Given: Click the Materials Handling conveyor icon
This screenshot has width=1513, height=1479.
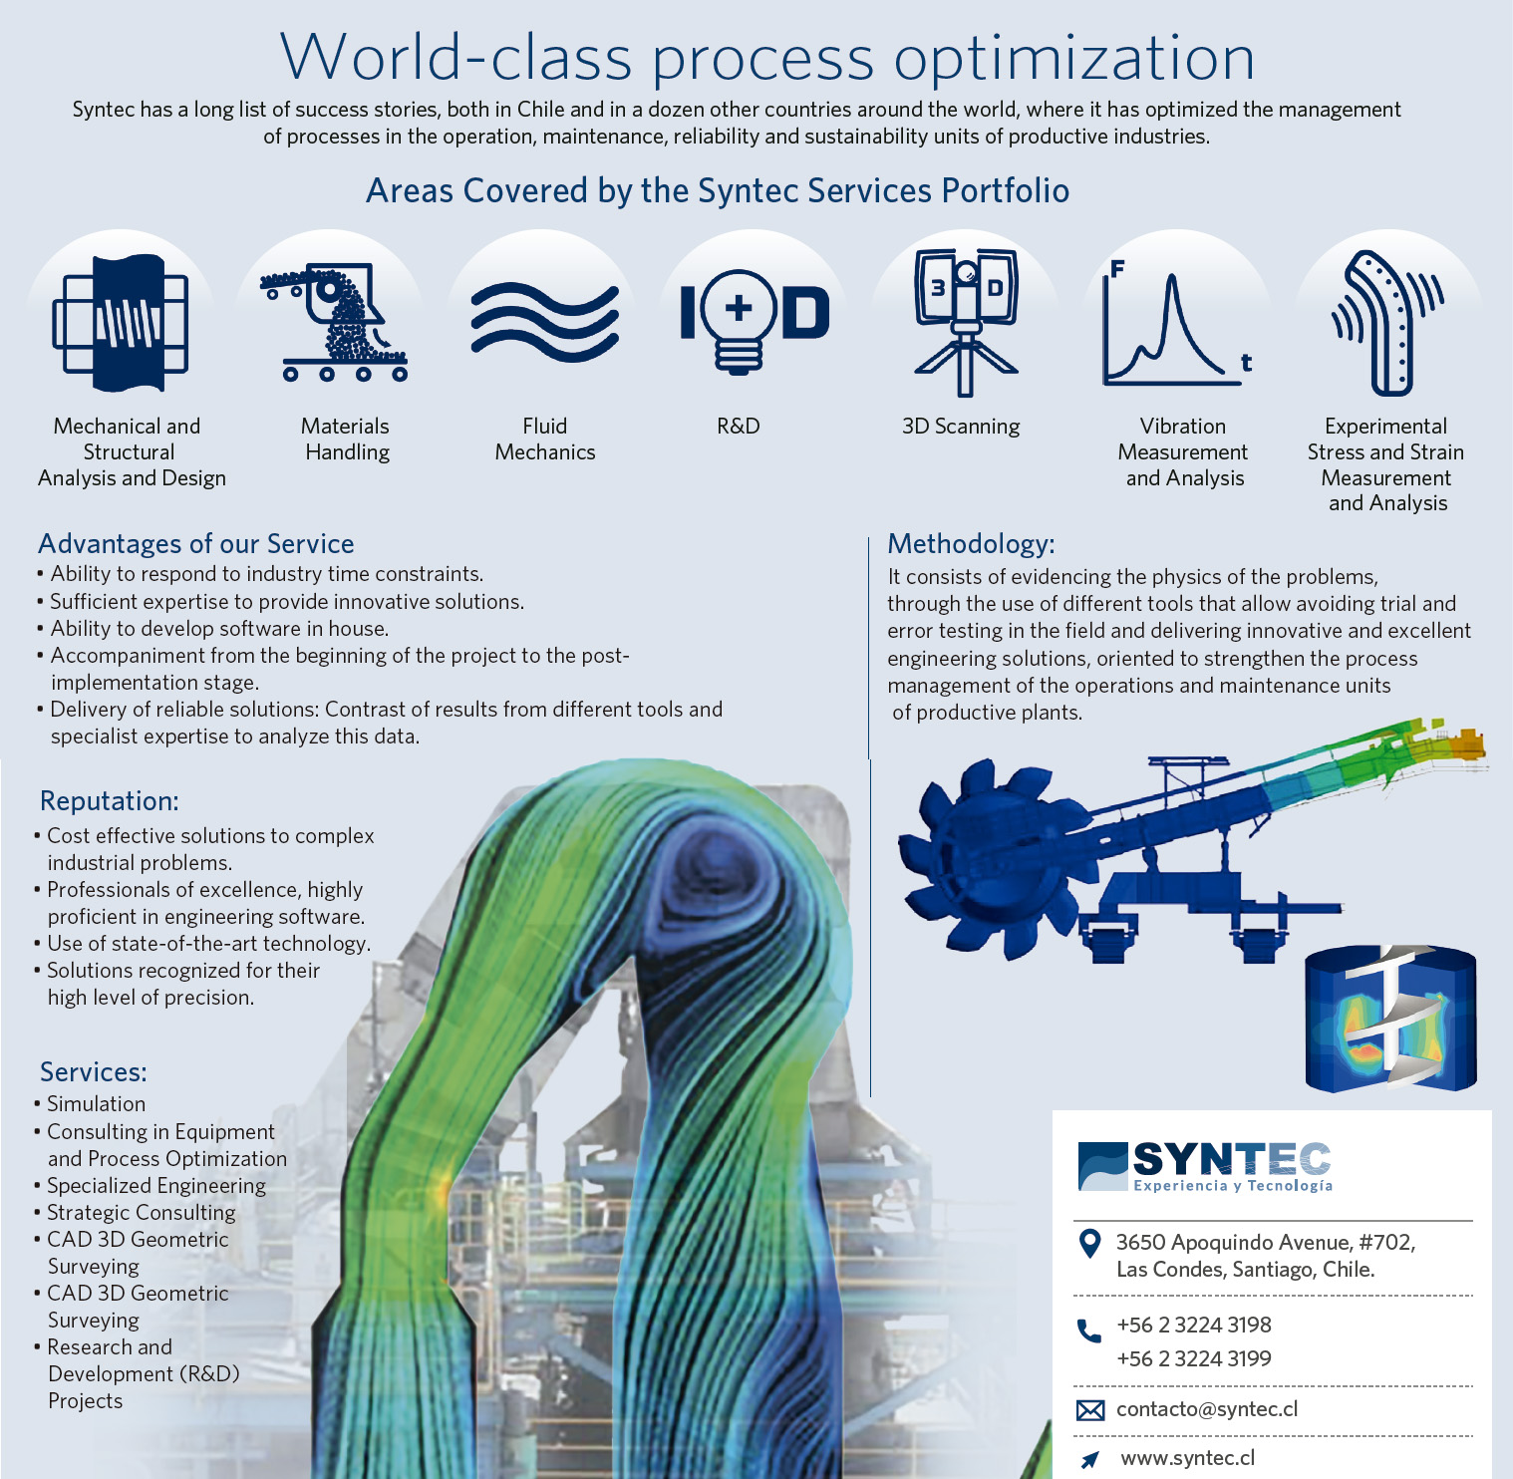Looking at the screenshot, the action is pyautogui.click(x=334, y=322).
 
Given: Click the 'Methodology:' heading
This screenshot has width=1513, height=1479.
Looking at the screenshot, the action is pyautogui.click(x=971, y=544).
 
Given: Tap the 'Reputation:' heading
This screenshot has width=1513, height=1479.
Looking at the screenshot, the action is pyautogui.click(x=110, y=801).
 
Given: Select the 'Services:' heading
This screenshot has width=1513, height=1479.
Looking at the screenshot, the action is pyautogui.click(x=94, y=1072).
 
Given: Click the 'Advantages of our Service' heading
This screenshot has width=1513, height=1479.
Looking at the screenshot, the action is pyautogui.click(x=196, y=544).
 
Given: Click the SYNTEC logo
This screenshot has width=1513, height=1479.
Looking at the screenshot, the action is pyautogui.click(x=1205, y=1167).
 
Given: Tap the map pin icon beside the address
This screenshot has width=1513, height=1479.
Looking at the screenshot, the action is pyautogui.click(x=1090, y=1244).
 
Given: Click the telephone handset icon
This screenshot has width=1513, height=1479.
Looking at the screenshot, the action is pyautogui.click(x=1089, y=1331).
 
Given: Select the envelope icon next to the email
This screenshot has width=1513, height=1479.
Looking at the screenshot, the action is pyautogui.click(x=1090, y=1410).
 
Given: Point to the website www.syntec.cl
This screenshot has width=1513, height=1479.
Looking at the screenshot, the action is pyautogui.click(x=1188, y=1459).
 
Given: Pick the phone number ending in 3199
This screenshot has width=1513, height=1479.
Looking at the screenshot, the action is pyautogui.click(x=1194, y=1359).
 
